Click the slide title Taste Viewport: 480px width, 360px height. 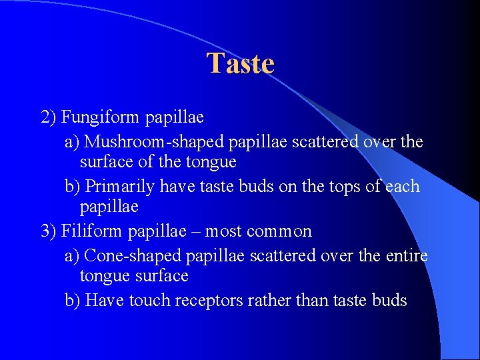pos(240,64)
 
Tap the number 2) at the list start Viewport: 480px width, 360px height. pos(49,118)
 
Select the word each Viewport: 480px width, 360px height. pos(403,186)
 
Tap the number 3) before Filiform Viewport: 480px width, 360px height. pos(49,231)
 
